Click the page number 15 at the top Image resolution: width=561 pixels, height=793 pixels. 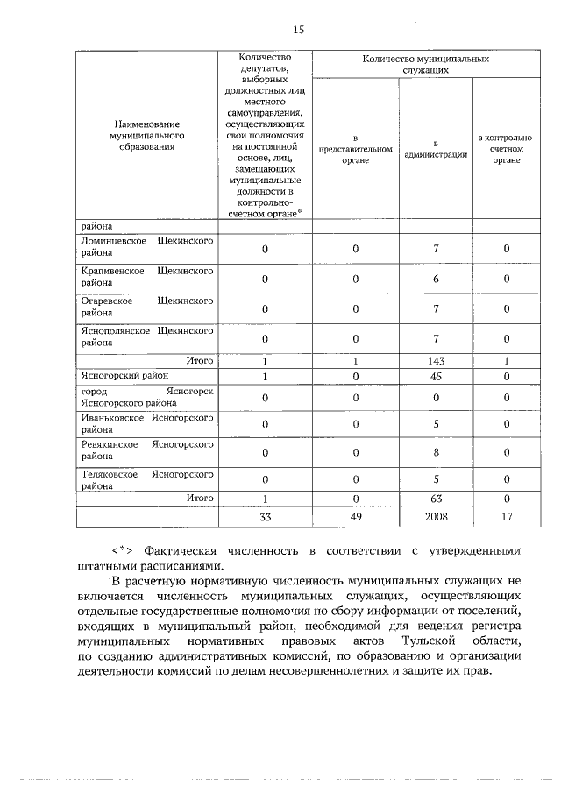[x=298, y=30]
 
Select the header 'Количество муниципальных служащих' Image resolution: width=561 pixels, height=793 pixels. [x=425, y=63]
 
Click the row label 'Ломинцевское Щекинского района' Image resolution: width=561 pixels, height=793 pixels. [x=146, y=246]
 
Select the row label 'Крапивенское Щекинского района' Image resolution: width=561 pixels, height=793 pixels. [x=146, y=278]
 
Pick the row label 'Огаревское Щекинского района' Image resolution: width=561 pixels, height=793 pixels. [x=146, y=307]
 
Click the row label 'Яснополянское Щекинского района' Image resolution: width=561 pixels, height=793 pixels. [x=146, y=337]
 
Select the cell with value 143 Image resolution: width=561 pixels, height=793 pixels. [x=435, y=361]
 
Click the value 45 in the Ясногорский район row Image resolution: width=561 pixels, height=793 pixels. [x=435, y=376]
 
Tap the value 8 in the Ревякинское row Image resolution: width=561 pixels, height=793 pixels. [x=435, y=452]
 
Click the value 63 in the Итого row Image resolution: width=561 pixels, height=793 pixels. [x=435, y=499]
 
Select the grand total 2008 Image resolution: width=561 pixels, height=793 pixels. [x=435, y=517]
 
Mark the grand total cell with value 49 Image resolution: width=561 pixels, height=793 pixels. [x=355, y=517]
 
